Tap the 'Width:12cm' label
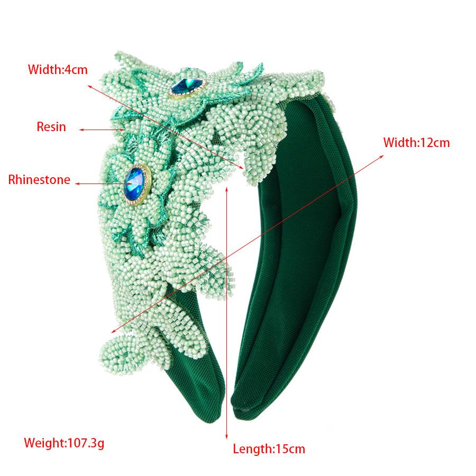click(x=416, y=142)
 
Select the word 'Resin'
click(x=51, y=126)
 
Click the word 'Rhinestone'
click(x=39, y=180)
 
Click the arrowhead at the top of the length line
click(x=227, y=188)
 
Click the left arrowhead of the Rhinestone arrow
click(x=77, y=184)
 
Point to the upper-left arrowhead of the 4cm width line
click(x=89, y=84)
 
